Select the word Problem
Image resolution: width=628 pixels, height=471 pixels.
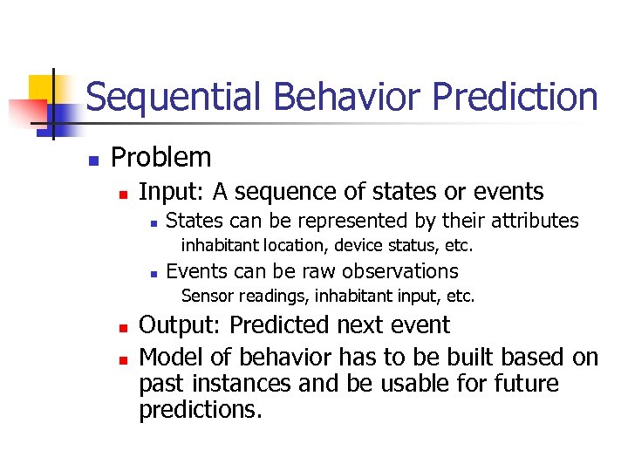point(161,158)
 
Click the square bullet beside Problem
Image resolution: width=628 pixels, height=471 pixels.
point(92,160)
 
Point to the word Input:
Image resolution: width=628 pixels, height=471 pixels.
point(172,192)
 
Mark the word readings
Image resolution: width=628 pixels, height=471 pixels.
point(267,297)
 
